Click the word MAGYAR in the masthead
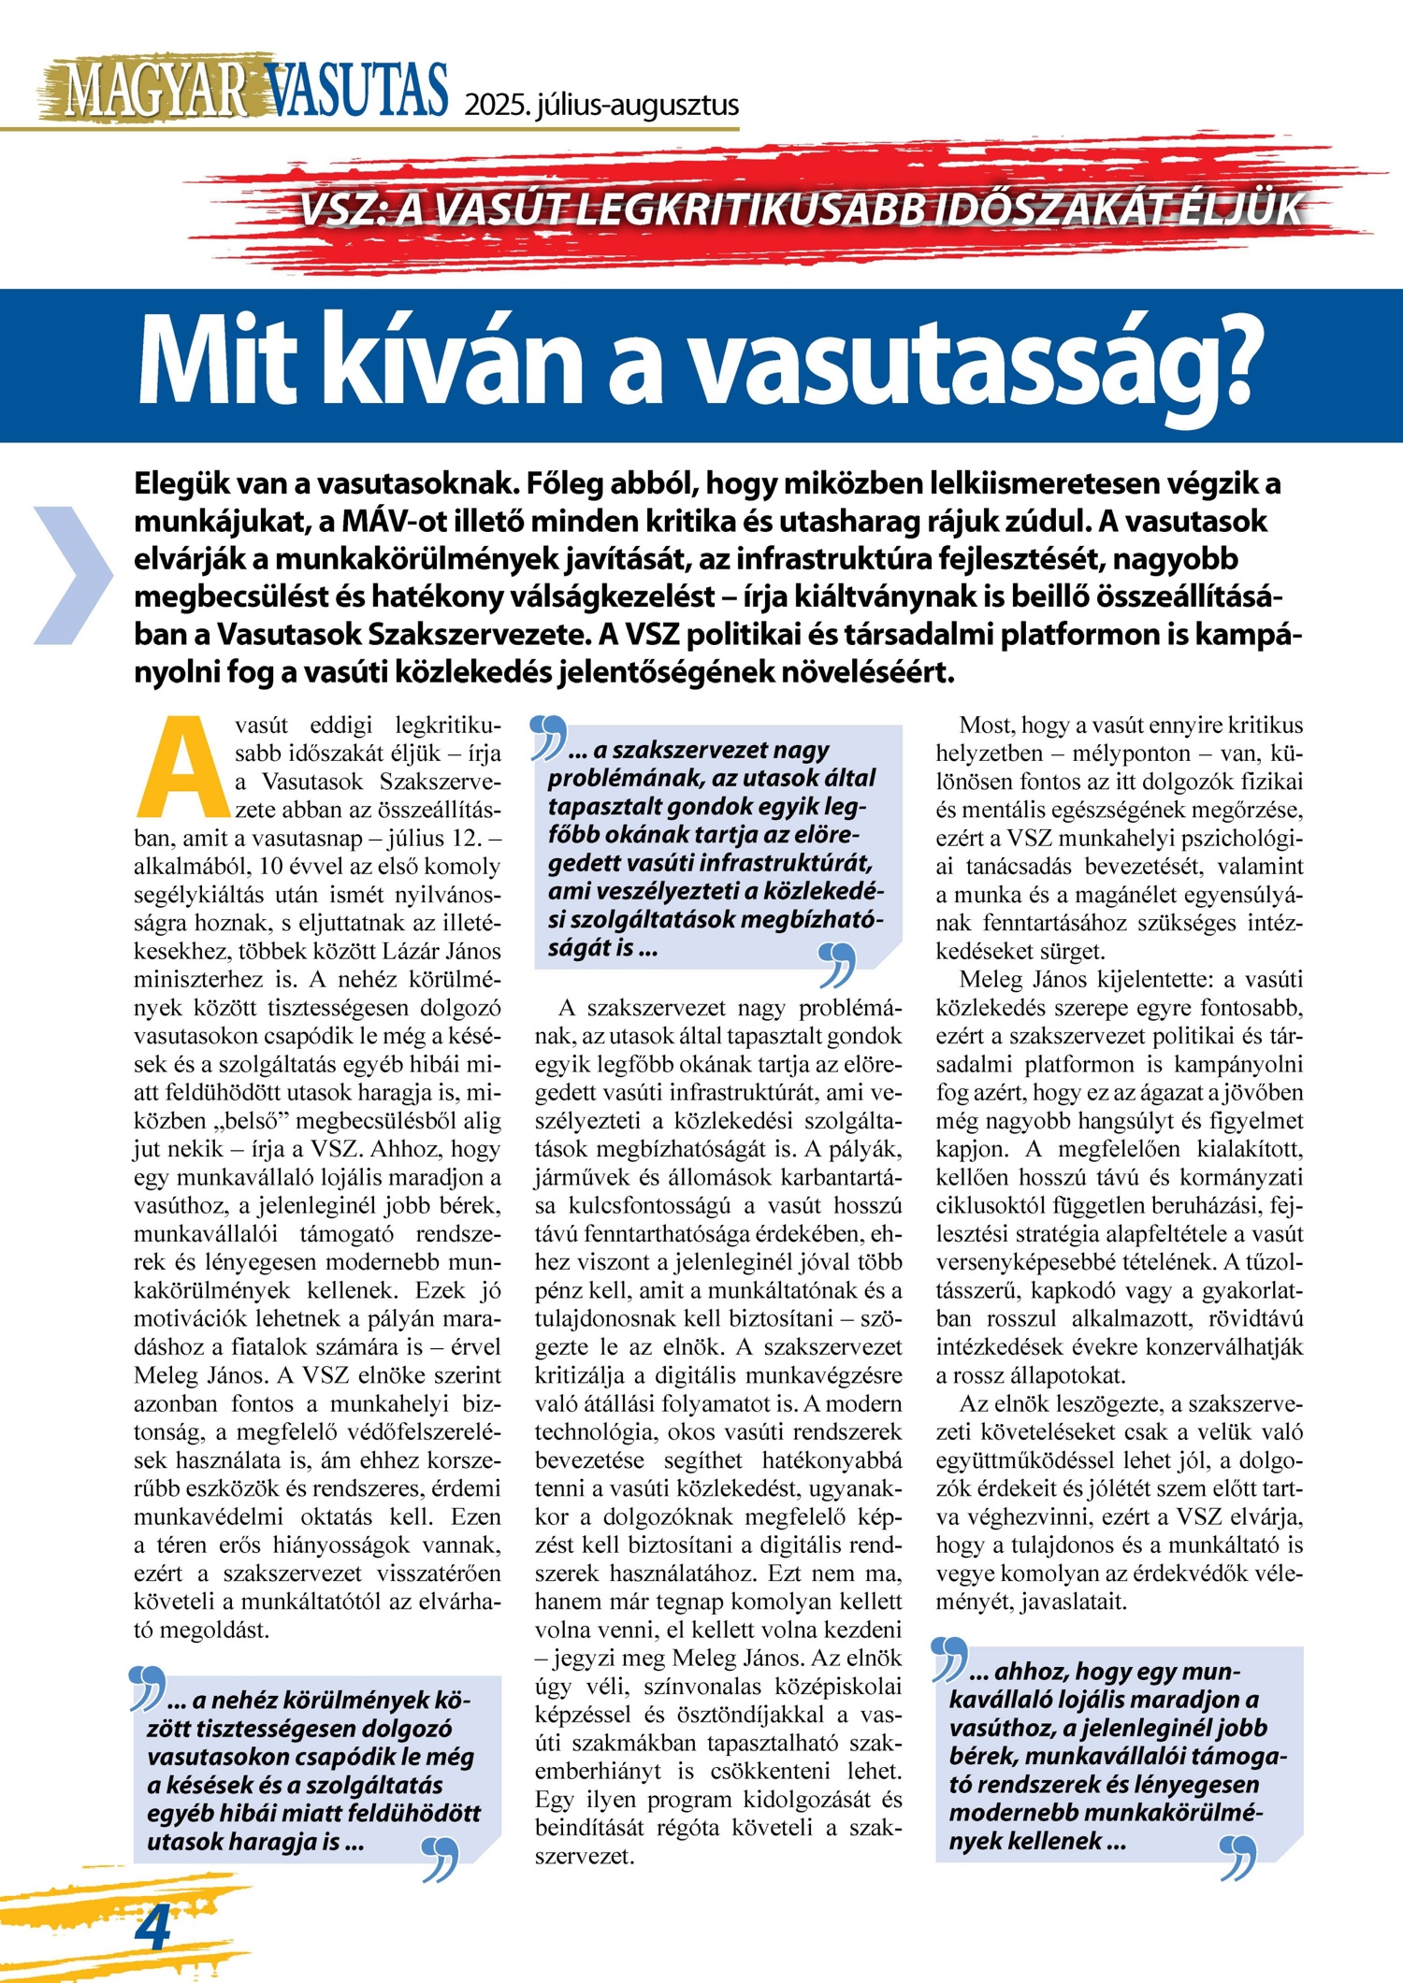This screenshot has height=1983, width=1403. coord(154,92)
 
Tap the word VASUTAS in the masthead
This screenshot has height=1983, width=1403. coord(356,92)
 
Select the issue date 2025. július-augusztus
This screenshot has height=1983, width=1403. coord(601,105)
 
